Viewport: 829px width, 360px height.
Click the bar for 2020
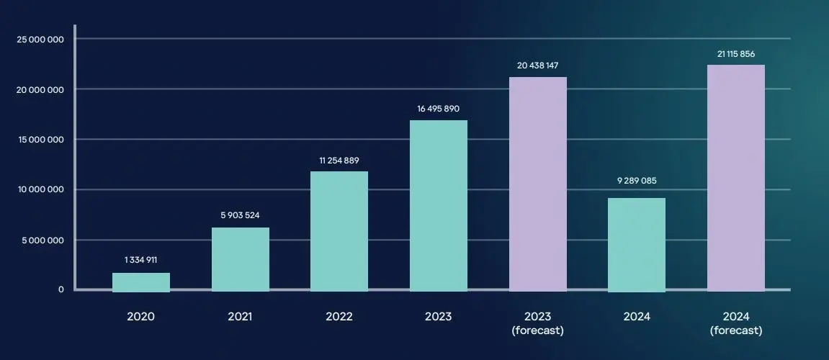click(x=141, y=282)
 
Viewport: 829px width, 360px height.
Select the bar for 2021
click(x=241, y=259)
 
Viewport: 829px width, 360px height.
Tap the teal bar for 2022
click(x=339, y=231)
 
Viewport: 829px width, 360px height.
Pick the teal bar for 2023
click(x=439, y=205)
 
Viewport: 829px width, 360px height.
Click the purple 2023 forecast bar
click(x=538, y=184)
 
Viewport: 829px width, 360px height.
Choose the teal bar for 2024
click(x=637, y=244)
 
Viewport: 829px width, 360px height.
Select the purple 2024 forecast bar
click(x=736, y=178)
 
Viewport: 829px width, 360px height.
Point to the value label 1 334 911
click(x=141, y=260)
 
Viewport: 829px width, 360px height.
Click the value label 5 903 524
click(x=241, y=215)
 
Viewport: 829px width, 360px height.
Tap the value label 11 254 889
click(x=339, y=159)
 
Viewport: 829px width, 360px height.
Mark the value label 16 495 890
click(x=439, y=109)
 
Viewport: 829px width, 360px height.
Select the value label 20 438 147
click(x=538, y=65)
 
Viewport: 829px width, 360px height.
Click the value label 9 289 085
click(x=637, y=181)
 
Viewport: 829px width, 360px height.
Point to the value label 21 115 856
click(x=736, y=53)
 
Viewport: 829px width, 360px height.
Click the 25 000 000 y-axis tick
click(x=40, y=39)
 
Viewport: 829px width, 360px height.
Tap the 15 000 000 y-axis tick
click(x=40, y=140)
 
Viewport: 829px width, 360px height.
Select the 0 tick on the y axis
click(x=61, y=289)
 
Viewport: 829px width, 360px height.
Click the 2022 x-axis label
click(x=339, y=317)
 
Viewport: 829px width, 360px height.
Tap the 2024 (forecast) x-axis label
click(x=736, y=323)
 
